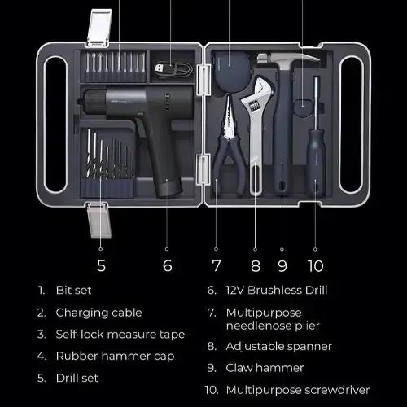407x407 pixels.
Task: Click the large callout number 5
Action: (101, 265)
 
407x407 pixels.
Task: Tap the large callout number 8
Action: (256, 266)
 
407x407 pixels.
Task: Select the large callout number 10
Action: (316, 266)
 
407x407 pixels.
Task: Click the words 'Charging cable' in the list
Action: (98, 313)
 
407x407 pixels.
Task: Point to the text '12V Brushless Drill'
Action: (277, 290)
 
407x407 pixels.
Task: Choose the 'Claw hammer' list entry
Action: (265, 368)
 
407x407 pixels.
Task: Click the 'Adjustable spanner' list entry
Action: (279, 347)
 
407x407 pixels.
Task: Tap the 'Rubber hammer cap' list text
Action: (115, 357)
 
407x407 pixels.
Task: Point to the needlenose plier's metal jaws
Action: (230, 116)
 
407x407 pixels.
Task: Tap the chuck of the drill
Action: (94, 102)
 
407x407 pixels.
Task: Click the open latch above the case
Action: (99, 27)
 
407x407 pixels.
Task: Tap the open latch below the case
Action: (98, 220)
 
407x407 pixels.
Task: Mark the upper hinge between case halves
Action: (203, 80)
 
